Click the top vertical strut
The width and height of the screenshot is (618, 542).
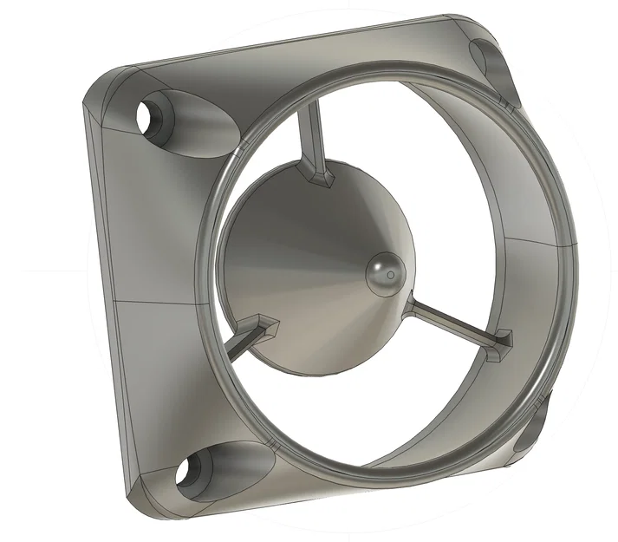tap(311, 139)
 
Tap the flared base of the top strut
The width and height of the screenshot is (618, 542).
tap(320, 178)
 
